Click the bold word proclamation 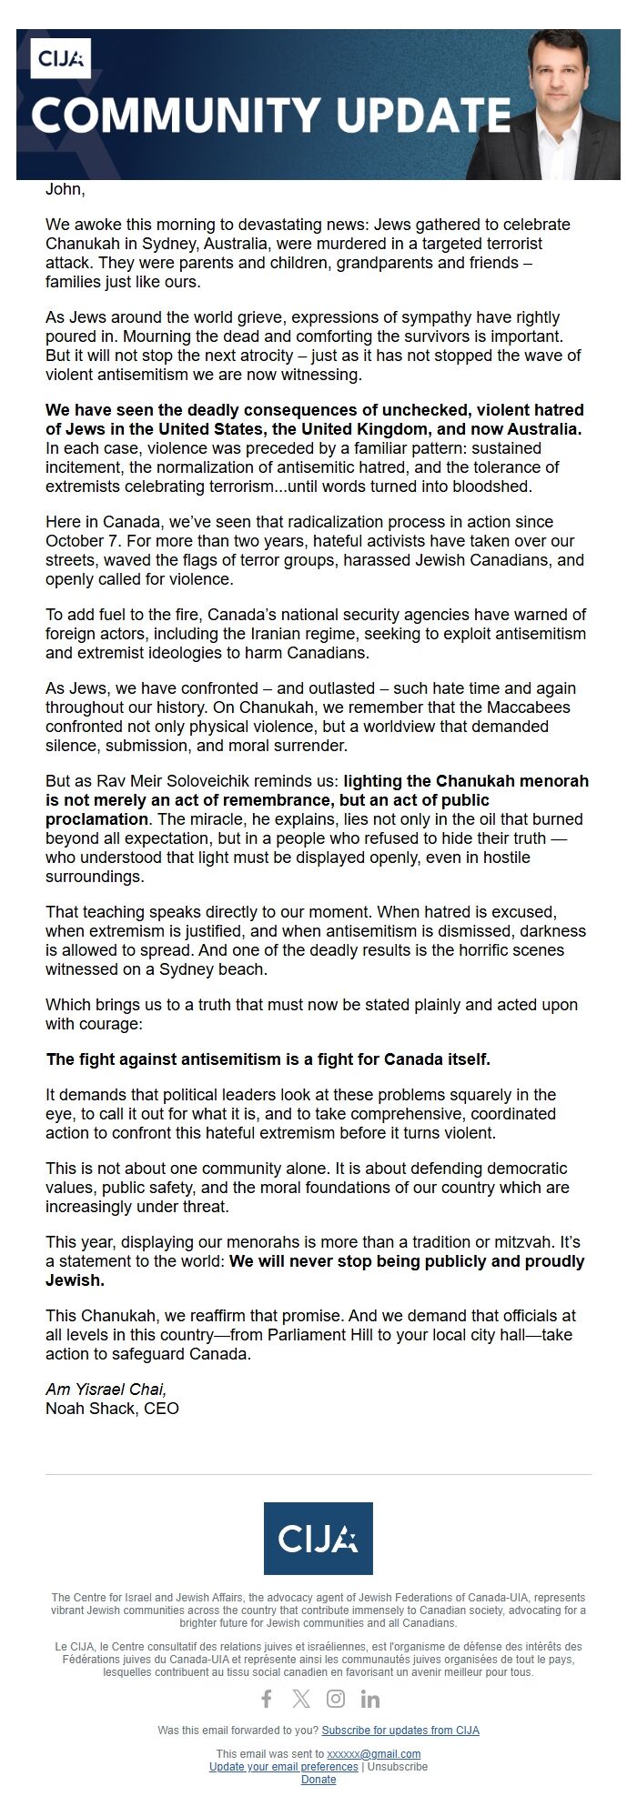[x=96, y=818]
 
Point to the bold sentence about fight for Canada [x=268, y=1059]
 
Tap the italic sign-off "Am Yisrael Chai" [x=106, y=1390]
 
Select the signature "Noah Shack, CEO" [x=112, y=1409]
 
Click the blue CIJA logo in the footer [x=318, y=1539]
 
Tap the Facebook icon [x=267, y=1699]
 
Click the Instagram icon [x=336, y=1699]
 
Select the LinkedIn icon [x=369, y=1699]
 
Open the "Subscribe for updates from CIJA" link [x=400, y=1731]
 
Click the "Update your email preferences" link [x=284, y=1767]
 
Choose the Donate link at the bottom [x=318, y=1780]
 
